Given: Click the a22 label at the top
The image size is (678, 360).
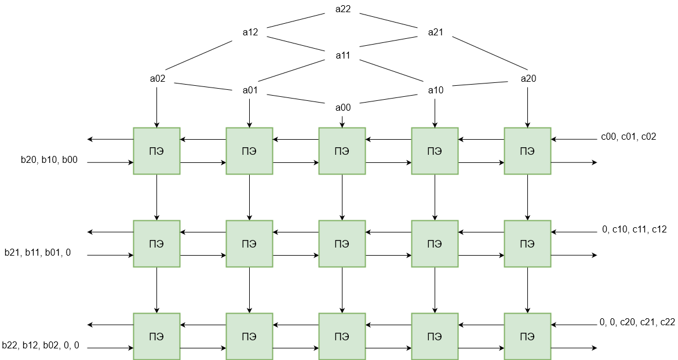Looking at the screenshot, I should point(343,9).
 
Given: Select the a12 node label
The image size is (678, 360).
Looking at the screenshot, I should point(250,32).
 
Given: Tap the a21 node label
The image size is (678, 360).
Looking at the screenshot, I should point(436,32).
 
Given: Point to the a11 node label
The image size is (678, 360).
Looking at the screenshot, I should point(343,56).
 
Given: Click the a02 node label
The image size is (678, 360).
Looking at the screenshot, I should point(158,79).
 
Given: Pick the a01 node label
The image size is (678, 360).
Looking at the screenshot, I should point(250,90).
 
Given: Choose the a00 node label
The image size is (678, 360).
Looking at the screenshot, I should point(343,107).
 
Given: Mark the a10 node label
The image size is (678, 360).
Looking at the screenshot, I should point(436,90).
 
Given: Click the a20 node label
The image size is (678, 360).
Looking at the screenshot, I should point(528,79).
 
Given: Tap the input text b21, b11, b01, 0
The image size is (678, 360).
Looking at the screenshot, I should point(38,253).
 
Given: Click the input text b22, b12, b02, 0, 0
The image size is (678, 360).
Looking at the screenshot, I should point(41,346).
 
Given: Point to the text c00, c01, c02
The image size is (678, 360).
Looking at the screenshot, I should point(629,137).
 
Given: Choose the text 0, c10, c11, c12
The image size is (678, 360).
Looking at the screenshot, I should point(634,230).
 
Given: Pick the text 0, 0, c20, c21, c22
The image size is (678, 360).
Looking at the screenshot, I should point(637,322).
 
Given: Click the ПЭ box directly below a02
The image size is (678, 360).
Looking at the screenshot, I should point(156,151).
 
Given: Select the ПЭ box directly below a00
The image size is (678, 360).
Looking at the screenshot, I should point(342,151).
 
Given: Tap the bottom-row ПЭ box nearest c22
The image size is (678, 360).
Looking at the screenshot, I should point(527,336).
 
